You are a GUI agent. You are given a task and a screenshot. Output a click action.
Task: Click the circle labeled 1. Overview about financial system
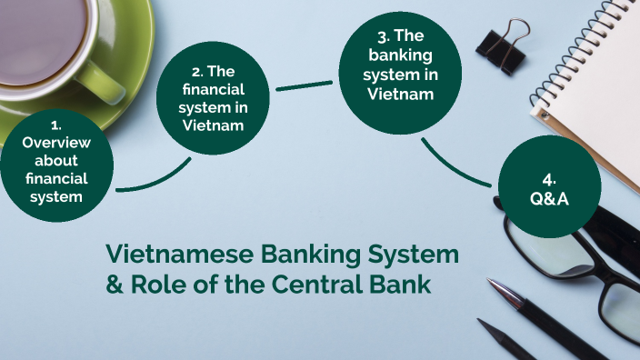click(55, 165)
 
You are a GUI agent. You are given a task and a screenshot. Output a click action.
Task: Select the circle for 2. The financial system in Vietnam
click(214, 95)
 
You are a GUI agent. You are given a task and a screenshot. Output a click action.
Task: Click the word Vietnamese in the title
click(172, 254)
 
